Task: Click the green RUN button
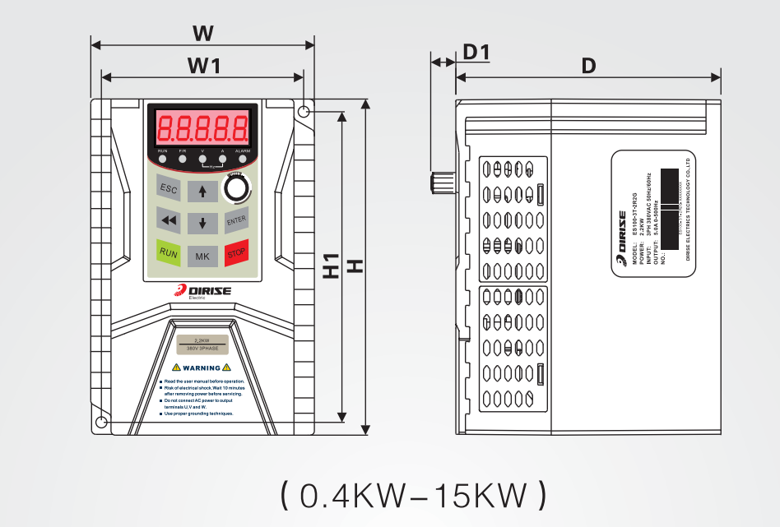[x=169, y=252]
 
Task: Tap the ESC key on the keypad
[x=169, y=190]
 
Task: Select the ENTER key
[x=236, y=220]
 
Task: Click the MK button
[x=202, y=257]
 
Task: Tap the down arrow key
[x=202, y=223]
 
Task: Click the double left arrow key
[x=169, y=220]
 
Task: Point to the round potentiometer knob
[x=237, y=188]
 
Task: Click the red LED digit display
[x=203, y=127]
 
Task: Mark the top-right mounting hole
[x=304, y=111]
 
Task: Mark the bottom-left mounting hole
[x=101, y=423]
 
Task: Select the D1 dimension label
[x=476, y=53]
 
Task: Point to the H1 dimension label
[x=331, y=266]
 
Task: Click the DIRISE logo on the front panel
[x=203, y=291]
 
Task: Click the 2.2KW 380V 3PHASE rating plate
[x=202, y=345]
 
